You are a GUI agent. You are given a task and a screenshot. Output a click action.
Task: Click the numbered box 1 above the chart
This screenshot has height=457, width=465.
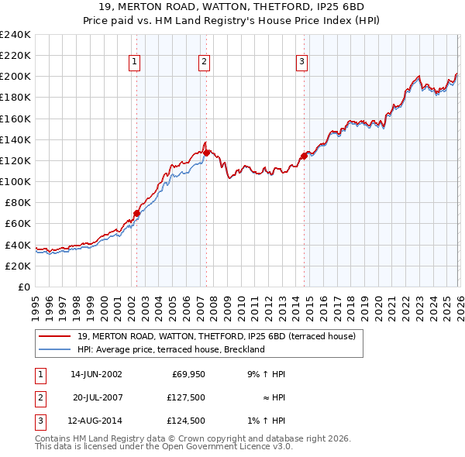(x=135, y=62)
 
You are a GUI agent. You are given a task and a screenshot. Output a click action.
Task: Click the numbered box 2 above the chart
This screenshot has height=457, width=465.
(x=204, y=62)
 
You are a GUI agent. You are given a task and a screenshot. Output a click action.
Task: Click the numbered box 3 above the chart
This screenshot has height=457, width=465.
(x=301, y=62)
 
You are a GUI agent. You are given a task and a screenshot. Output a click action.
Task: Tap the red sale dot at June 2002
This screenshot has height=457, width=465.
(x=136, y=213)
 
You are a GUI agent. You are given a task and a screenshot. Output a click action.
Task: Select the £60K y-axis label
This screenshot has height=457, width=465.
(x=18, y=224)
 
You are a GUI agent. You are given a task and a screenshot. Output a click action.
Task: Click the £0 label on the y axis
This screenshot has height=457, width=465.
(x=25, y=287)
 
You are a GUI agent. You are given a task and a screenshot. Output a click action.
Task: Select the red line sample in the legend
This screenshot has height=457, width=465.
(x=55, y=336)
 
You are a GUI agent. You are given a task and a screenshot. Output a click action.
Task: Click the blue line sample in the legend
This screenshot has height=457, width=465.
(x=55, y=349)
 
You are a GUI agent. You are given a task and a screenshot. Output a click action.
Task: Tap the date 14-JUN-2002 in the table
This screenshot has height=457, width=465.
(x=96, y=374)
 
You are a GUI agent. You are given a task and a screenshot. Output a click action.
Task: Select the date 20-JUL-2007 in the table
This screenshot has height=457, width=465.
(x=96, y=398)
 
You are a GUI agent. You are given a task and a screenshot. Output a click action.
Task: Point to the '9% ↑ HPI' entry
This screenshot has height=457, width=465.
(x=267, y=374)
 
